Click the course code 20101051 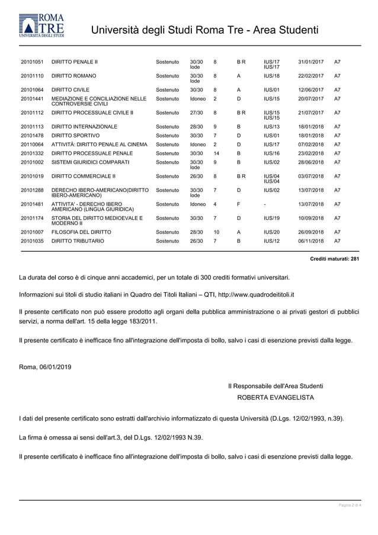click(x=32, y=62)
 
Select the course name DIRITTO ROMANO click(x=74, y=76)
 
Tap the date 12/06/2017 click(x=310, y=90)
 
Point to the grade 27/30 click(x=196, y=113)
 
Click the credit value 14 click(x=216, y=153)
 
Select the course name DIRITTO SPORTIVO click(x=75, y=136)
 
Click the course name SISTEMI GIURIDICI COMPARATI click(x=91, y=162)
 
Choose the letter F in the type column click(x=238, y=204)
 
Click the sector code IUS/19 click(x=271, y=219)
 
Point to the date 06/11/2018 click(x=310, y=242)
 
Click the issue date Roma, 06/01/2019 click(x=45, y=367)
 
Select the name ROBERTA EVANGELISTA click(x=276, y=397)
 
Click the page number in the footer click(x=350, y=505)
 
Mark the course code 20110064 click(x=32, y=145)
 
